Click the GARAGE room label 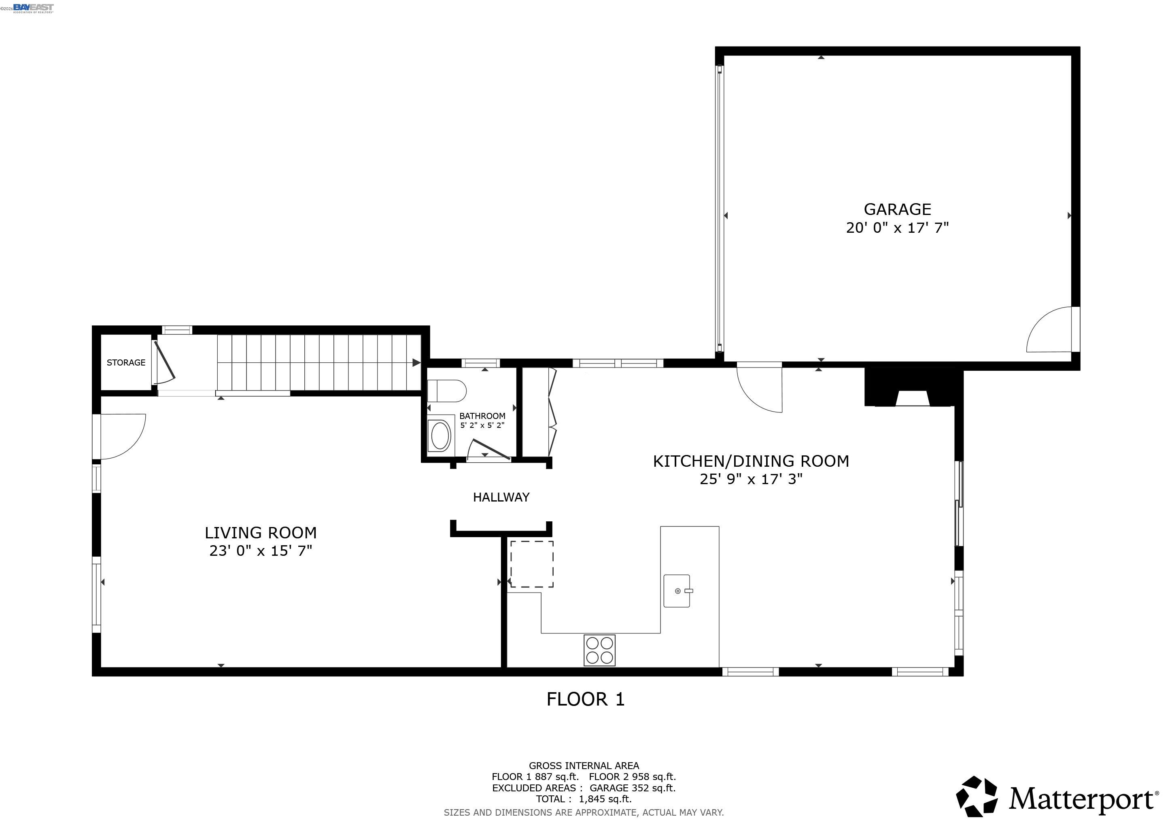pos(897,209)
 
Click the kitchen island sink pos(677,591)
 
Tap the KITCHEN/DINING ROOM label pos(751,461)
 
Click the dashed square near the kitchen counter pos(532,564)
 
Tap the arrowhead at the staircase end pos(416,362)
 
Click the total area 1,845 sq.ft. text pos(584,799)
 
